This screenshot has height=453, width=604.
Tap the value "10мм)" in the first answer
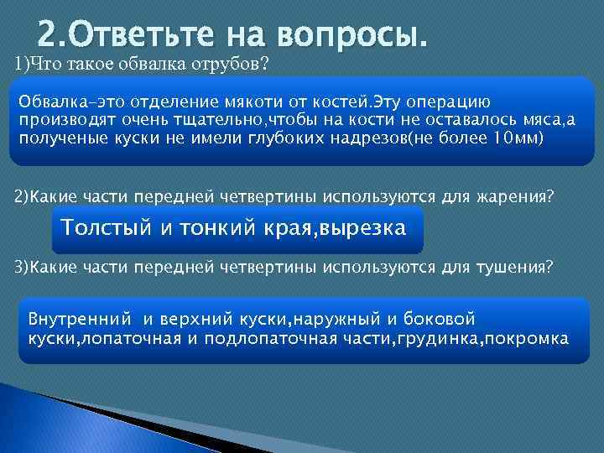tap(523, 138)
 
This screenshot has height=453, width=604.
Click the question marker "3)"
tap(20, 268)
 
